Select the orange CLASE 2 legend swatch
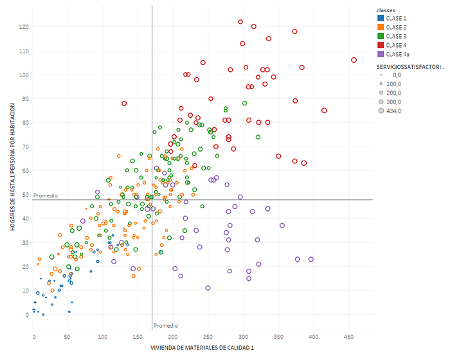point(381,28)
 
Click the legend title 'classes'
point(386,11)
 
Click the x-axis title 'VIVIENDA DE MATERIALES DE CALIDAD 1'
point(202,347)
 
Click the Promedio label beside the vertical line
point(165,326)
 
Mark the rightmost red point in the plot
point(354,60)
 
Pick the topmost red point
point(240,22)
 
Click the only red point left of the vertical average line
point(124,104)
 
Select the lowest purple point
point(208,288)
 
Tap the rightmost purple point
point(310,259)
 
